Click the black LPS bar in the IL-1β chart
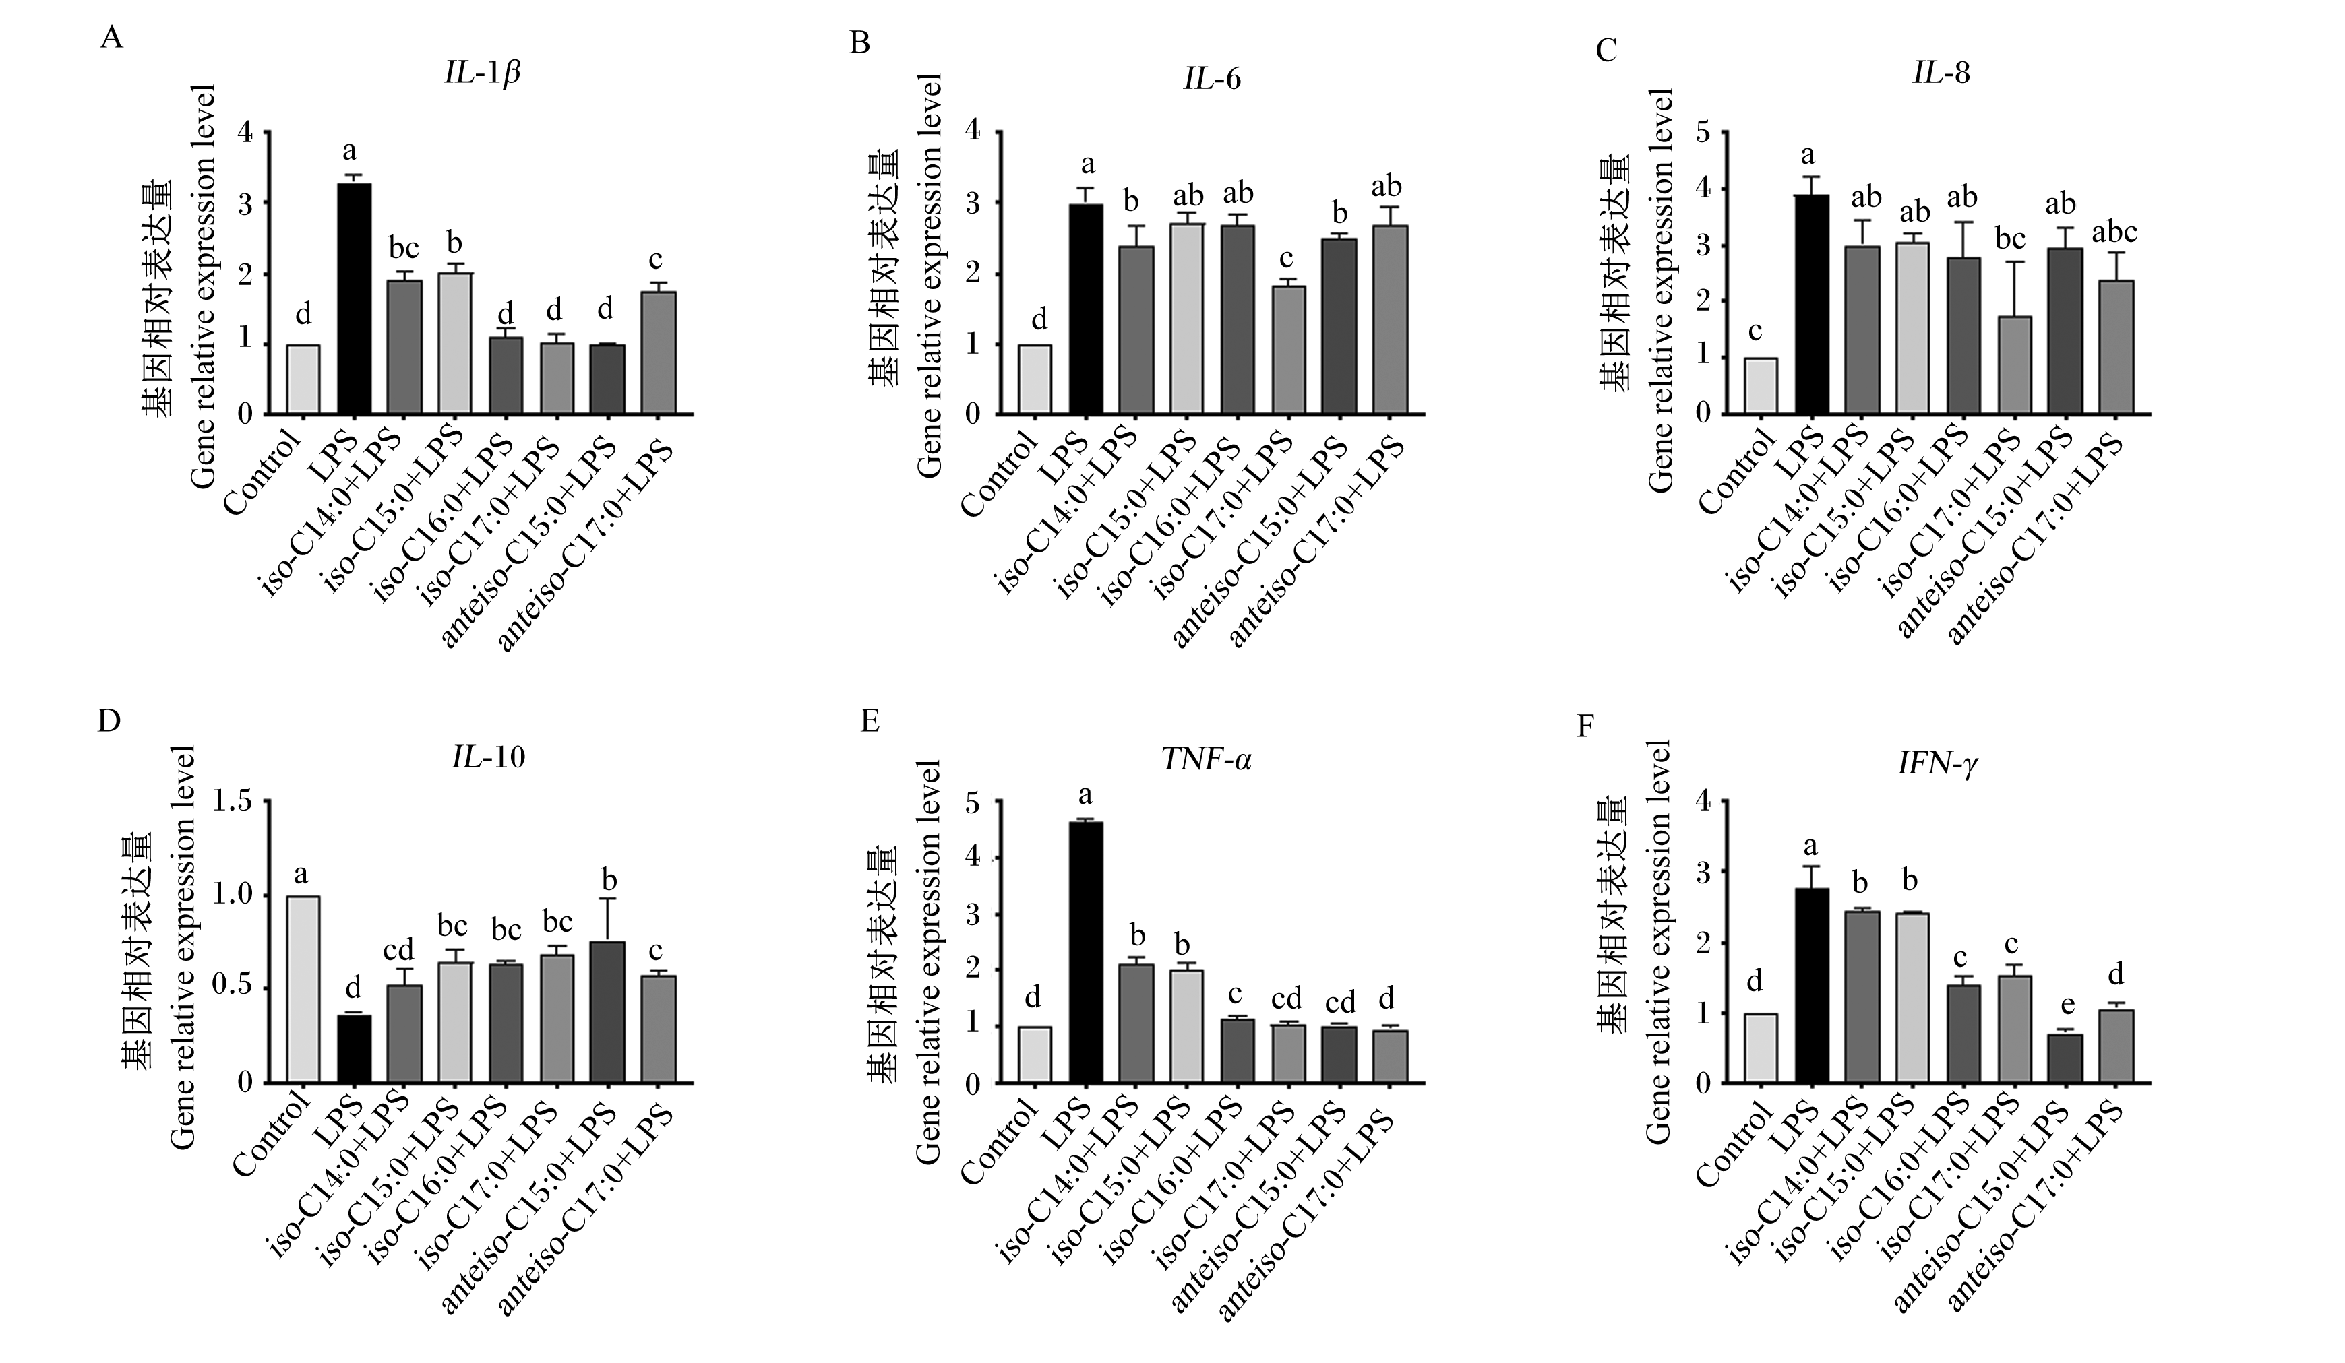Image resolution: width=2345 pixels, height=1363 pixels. point(354,298)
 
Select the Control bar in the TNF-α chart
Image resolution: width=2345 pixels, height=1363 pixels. point(1035,1055)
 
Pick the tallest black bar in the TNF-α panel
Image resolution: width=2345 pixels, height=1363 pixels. point(1085,953)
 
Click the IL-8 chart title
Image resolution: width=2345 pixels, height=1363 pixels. point(1941,73)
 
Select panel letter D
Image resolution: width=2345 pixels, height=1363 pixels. point(109,722)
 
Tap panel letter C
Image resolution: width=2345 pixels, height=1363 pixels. point(1606,51)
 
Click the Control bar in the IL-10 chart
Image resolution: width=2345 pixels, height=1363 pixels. point(303,989)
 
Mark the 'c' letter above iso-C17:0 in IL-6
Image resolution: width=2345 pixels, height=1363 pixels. point(1288,256)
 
